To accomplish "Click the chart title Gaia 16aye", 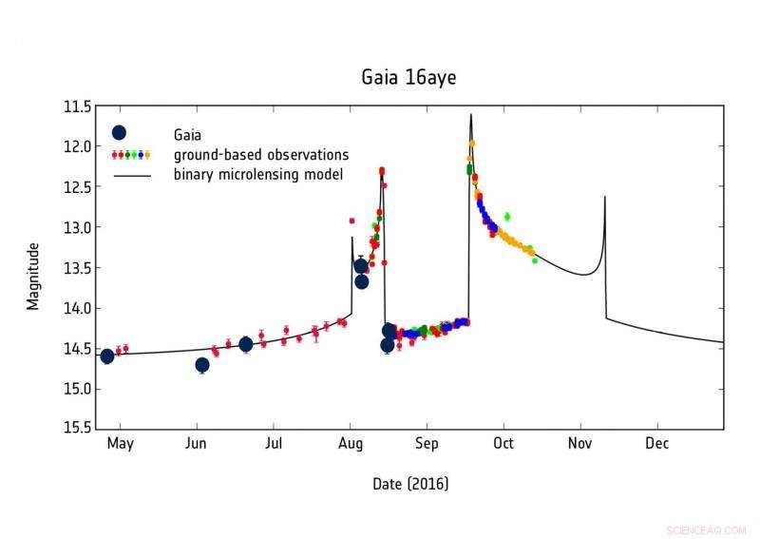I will [408, 77].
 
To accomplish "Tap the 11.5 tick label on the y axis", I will [78, 106].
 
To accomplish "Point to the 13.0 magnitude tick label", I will [78, 227].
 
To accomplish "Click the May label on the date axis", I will [120, 444].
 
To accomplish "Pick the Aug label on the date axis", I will [351, 444].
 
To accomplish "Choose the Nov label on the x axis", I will [579, 444].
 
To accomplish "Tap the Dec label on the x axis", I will [656, 444].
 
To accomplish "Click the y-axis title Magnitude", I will [33, 276].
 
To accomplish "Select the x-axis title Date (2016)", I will [410, 484].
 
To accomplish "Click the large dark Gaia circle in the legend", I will [119, 133].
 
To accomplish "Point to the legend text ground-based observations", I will [261, 154].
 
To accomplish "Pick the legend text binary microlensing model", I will [257, 174].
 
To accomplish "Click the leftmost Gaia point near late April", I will [107, 356].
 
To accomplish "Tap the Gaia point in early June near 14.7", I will [201, 365].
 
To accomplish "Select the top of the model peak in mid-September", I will [470, 115].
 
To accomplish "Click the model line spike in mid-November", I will [605, 197].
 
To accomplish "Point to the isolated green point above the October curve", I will [507, 217].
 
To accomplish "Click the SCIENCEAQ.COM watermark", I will [707, 530].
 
